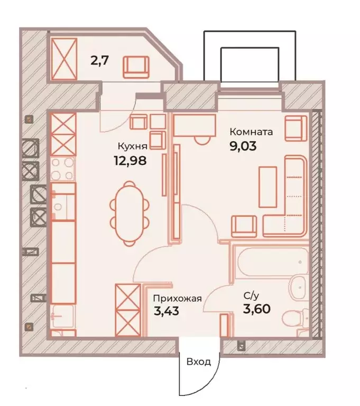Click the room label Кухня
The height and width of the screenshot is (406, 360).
click(132, 146)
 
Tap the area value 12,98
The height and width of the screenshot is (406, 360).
click(130, 161)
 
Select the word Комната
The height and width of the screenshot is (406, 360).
click(251, 132)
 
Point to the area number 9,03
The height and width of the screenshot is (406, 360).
click(243, 146)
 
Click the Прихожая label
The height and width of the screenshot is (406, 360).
click(178, 299)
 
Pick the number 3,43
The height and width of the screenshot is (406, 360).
click(167, 311)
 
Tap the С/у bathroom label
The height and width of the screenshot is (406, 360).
click(251, 296)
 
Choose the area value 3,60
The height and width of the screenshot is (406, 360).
click(257, 309)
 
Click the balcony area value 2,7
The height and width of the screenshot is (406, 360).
click(99, 61)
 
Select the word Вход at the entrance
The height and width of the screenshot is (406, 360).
click(199, 362)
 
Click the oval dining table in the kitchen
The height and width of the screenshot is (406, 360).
click(130, 213)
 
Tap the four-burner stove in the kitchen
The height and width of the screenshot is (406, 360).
click(62, 169)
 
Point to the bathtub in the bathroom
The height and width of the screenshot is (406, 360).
click(272, 261)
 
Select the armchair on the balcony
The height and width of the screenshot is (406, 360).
click(136, 67)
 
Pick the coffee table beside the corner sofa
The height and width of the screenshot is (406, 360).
click(267, 187)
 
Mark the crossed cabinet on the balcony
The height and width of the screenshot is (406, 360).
click(64, 59)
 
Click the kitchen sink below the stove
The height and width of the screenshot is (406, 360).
click(63, 201)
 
